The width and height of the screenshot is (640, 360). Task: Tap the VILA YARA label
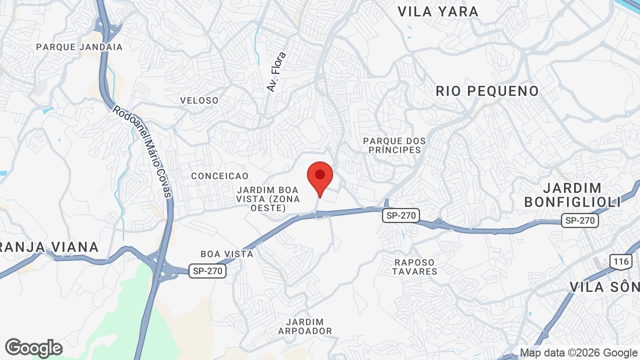(x=438, y=11)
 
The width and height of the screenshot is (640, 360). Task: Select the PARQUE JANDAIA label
(x=79, y=47)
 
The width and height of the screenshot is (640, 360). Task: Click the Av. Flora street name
(x=276, y=72)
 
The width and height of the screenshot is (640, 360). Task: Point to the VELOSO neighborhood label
(x=199, y=100)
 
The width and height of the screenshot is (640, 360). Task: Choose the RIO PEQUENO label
(x=487, y=91)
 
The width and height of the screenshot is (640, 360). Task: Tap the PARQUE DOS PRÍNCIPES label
(x=394, y=145)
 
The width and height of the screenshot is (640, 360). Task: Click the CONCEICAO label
(x=219, y=176)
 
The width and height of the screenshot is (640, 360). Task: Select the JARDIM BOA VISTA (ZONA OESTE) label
(x=268, y=199)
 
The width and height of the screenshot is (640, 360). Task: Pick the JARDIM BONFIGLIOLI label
(x=572, y=195)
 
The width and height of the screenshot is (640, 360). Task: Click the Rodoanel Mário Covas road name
(x=142, y=150)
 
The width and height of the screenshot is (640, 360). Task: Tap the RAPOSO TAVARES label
(x=414, y=267)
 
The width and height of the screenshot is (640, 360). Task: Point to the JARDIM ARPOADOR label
(x=305, y=326)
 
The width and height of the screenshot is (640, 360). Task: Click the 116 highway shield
(x=620, y=261)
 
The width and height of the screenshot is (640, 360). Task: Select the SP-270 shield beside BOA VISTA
(x=207, y=271)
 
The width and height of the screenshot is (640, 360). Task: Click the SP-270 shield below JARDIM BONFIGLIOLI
(x=580, y=220)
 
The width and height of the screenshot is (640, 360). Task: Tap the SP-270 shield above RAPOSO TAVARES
(x=401, y=215)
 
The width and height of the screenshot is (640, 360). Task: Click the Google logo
(x=33, y=348)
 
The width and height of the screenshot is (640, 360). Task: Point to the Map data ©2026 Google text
(x=578, y=353)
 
